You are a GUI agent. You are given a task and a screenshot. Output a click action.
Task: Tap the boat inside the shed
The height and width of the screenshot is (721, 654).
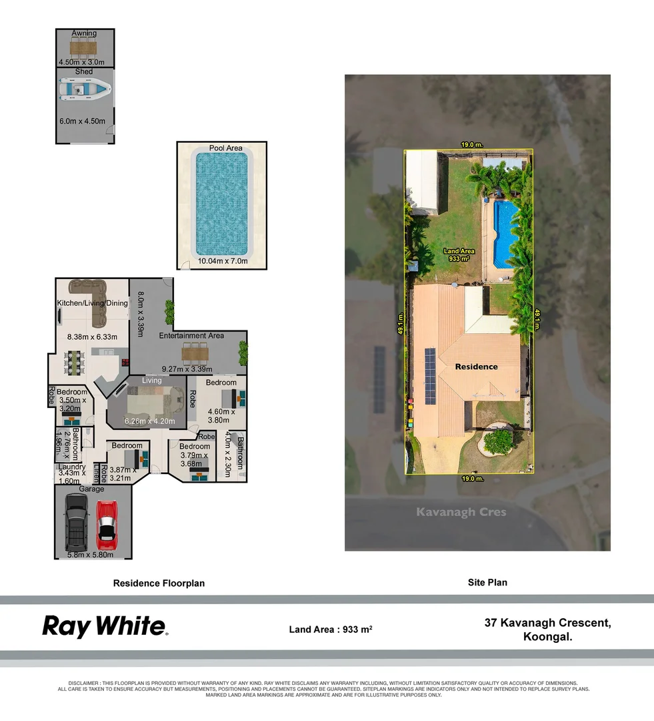click(x=85, y=88)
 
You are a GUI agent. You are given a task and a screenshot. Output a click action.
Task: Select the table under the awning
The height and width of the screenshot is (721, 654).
click(x=84, y=47)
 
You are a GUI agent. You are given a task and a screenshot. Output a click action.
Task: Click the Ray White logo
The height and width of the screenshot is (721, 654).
click(x=105, y=626)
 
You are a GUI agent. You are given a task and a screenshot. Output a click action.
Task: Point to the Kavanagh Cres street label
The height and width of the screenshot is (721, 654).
click(x=461, y=512)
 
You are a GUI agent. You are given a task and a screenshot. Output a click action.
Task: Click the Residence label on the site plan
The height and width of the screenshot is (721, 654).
click(x=476, y=367)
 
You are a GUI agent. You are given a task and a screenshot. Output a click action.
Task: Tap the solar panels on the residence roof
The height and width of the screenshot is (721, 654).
click(x=430, y=376)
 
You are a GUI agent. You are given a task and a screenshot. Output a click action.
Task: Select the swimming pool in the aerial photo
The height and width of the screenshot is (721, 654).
click(x=505, y=234)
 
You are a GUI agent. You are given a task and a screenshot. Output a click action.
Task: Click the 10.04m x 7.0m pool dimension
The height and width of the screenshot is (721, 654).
click(x=221, y=261)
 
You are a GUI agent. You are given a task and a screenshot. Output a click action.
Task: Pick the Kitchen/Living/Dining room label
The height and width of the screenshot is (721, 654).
click(x=91, y=303)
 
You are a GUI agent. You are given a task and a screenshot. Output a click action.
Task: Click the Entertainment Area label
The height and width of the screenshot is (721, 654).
click(x=191, y=336)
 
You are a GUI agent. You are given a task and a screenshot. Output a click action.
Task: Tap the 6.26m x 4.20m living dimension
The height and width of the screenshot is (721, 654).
click(x=150, y=421)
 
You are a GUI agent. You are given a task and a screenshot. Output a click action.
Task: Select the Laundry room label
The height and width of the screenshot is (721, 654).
click(x=71, y=467)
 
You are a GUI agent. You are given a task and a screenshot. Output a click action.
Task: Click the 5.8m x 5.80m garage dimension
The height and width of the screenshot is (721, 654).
click(x=90, y=554)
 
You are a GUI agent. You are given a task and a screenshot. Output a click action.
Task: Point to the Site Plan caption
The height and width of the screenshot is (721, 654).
click(x=487, y=582)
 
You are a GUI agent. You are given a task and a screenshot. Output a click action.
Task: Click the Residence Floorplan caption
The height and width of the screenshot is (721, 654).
click(x=159, y=583)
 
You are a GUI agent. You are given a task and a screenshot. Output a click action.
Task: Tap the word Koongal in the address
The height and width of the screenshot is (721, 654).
click(x=548, y=637)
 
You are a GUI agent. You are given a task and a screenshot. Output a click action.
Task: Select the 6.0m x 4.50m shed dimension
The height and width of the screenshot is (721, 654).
click(x=83, y=122)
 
